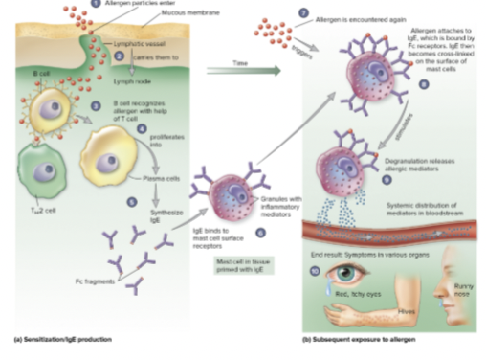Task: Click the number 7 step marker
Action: pos(303,12)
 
